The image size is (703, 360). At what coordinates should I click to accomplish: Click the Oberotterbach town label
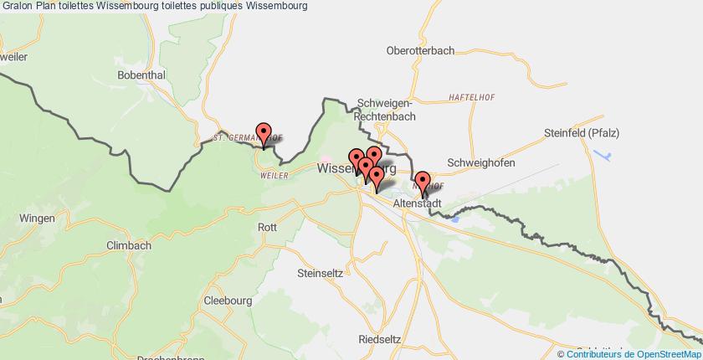tap(420, 50)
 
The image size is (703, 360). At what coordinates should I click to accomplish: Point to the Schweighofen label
tap(480, 162)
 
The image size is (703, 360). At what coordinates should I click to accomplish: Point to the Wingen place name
tap(20, 216)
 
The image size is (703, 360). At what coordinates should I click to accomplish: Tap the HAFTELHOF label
tap(471, 96)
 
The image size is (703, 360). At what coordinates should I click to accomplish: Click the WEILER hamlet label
tap(275, 175)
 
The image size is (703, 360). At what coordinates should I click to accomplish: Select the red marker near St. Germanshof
tap(264, 134)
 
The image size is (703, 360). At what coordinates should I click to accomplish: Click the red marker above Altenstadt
tap(423, 182)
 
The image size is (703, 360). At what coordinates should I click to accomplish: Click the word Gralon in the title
tap(17, 6)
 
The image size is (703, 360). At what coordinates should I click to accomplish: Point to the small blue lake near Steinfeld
tap(603, 156)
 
